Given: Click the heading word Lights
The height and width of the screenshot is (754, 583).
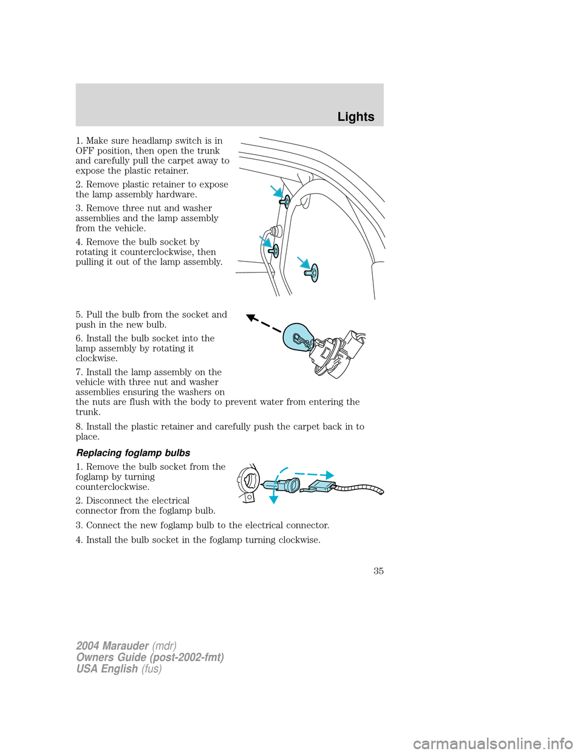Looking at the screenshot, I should click(356, 117).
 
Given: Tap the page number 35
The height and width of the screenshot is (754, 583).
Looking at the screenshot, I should click(378, 571).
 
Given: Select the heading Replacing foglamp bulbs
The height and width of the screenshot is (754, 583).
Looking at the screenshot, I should click(133, 453).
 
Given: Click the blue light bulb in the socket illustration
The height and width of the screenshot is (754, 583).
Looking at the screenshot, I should click(299, 337).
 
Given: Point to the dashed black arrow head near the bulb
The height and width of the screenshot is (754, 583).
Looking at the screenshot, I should click(250, 317).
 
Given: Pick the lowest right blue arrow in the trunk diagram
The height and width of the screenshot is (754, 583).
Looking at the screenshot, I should click(302, 262).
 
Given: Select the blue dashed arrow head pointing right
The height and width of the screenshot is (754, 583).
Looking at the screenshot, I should click(329, 475).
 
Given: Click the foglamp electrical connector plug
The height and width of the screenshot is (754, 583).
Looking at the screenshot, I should click(322, 486).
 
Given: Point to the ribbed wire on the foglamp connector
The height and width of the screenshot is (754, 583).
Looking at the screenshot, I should click(361, 487).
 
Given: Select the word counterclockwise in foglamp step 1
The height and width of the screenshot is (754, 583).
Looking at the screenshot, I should click(112, 487).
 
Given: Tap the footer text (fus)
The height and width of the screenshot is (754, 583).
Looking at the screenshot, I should click(151, 669).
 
